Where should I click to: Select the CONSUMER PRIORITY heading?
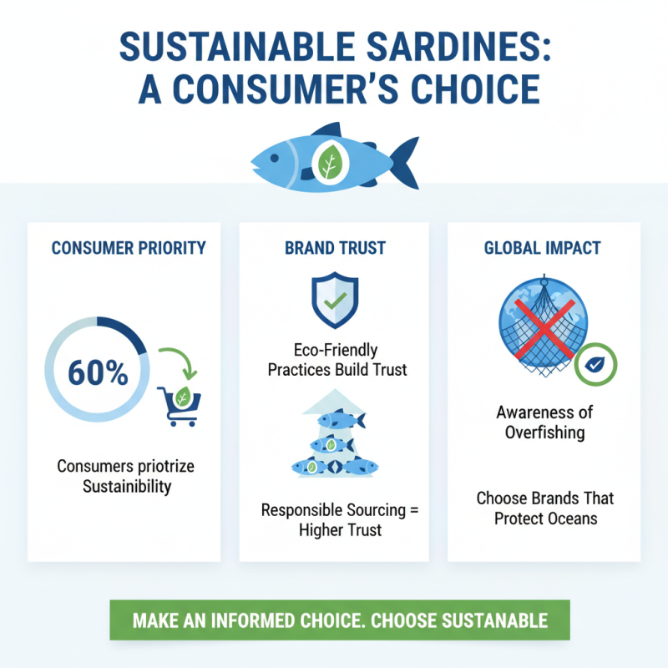(129, 248)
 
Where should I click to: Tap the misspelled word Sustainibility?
(128, 487)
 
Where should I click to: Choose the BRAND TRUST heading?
(333, 248)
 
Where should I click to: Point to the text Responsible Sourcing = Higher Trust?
(333, 519)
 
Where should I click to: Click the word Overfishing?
(545, 433)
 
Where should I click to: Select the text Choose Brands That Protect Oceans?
(545, 508)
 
